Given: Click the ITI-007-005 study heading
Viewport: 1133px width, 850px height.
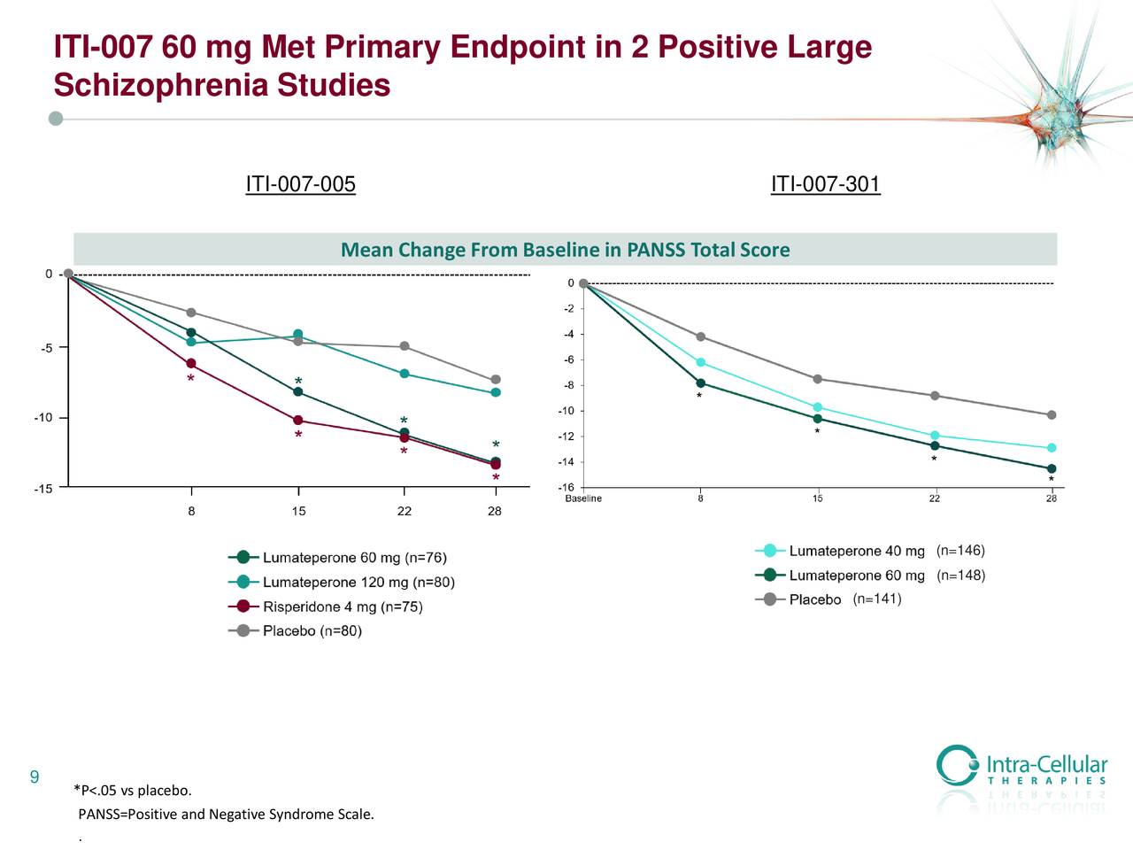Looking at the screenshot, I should click(x=300, y=184).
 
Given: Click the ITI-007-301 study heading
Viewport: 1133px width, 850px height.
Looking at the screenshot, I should click(x=825, y=184).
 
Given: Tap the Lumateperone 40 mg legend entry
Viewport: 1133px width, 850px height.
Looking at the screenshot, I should click(x=856, y=551).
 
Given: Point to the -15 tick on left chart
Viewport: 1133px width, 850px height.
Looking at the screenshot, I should click(x=43, y=488).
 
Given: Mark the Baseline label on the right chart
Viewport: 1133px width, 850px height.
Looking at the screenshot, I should click(x=583, y=498).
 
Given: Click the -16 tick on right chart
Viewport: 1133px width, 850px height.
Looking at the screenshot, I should click(x=566, y=488).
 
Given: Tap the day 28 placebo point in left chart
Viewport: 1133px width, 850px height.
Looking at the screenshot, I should click(x=496, y=380).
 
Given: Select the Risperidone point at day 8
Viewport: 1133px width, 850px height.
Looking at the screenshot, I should click(x=191, y=364).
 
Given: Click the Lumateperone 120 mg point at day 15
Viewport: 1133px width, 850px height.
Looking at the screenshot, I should click(x=298, y=335).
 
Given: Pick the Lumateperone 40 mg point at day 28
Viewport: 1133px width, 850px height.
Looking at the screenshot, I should click(x=1052, y=448).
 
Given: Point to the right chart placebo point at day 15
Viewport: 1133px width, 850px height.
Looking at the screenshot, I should click(x=817, y=379).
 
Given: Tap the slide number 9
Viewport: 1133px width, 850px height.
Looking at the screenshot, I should click(x=35, y=777).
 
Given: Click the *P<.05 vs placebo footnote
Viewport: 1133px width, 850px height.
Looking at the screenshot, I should click(x=133, y=791).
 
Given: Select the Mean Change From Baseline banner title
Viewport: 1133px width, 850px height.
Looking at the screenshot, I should click(x=565, y=250).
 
